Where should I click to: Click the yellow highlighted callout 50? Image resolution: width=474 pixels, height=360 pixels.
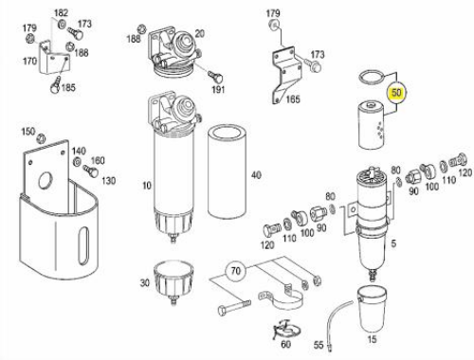pos(396,93)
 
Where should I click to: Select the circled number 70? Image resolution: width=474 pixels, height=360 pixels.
pos(235,271)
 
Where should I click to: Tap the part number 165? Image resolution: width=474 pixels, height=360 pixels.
pos(293,99)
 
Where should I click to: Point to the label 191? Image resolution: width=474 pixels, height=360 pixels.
pos(218,89)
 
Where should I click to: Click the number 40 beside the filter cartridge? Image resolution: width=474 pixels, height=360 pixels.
pos(256,175)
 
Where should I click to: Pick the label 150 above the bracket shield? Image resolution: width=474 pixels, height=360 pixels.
pos(27,132)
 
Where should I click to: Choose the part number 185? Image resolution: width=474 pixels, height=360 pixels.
pos(68,87)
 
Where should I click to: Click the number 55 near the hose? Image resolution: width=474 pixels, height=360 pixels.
pos(319,345)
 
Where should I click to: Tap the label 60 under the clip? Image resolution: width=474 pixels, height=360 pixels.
pos(285,344)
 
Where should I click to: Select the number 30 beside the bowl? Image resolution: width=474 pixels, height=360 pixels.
pos(145,282)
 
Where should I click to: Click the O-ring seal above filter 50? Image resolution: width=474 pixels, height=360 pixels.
pos(373,77)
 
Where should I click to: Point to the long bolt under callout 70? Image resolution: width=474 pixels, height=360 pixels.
pos(234,307)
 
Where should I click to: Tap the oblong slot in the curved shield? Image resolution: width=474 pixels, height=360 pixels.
pos(84,241)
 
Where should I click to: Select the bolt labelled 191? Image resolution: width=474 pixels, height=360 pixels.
pos(216,77)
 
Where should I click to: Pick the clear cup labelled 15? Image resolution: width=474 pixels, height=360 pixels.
pos(372,309)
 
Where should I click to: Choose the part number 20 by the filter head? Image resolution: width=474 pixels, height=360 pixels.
pos(199,33)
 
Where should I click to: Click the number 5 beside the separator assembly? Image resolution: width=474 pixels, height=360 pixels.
pos(393,243)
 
